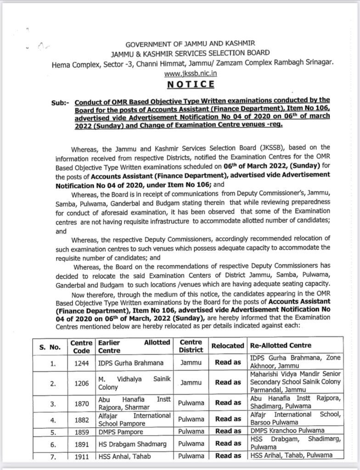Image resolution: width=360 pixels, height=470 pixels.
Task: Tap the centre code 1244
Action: click(81, 363)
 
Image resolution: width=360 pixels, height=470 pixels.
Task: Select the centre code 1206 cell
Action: click(81, 382)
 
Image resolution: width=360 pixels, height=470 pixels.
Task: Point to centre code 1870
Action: click(81, 403)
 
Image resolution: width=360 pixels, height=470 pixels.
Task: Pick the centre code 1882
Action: click(81, 420)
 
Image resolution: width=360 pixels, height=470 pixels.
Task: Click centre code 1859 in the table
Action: click(81, 432)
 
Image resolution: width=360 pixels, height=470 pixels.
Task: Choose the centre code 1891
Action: click(81, 444)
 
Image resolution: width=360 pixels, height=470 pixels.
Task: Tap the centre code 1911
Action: click(81, 456)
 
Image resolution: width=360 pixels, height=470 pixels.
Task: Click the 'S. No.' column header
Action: click(49, 347)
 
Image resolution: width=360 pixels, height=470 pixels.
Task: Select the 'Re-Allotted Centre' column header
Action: click(280, 345)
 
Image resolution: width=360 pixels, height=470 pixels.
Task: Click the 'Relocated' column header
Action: click(228, 346)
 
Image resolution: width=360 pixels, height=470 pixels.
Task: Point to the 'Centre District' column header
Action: click(191, 346)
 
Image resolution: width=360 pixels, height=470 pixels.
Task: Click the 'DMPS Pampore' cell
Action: click(121, 432)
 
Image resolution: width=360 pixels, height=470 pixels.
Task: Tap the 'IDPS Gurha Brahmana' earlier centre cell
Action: click(131, 363)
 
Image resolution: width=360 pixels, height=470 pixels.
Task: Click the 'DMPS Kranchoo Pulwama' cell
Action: click(287, 431)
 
